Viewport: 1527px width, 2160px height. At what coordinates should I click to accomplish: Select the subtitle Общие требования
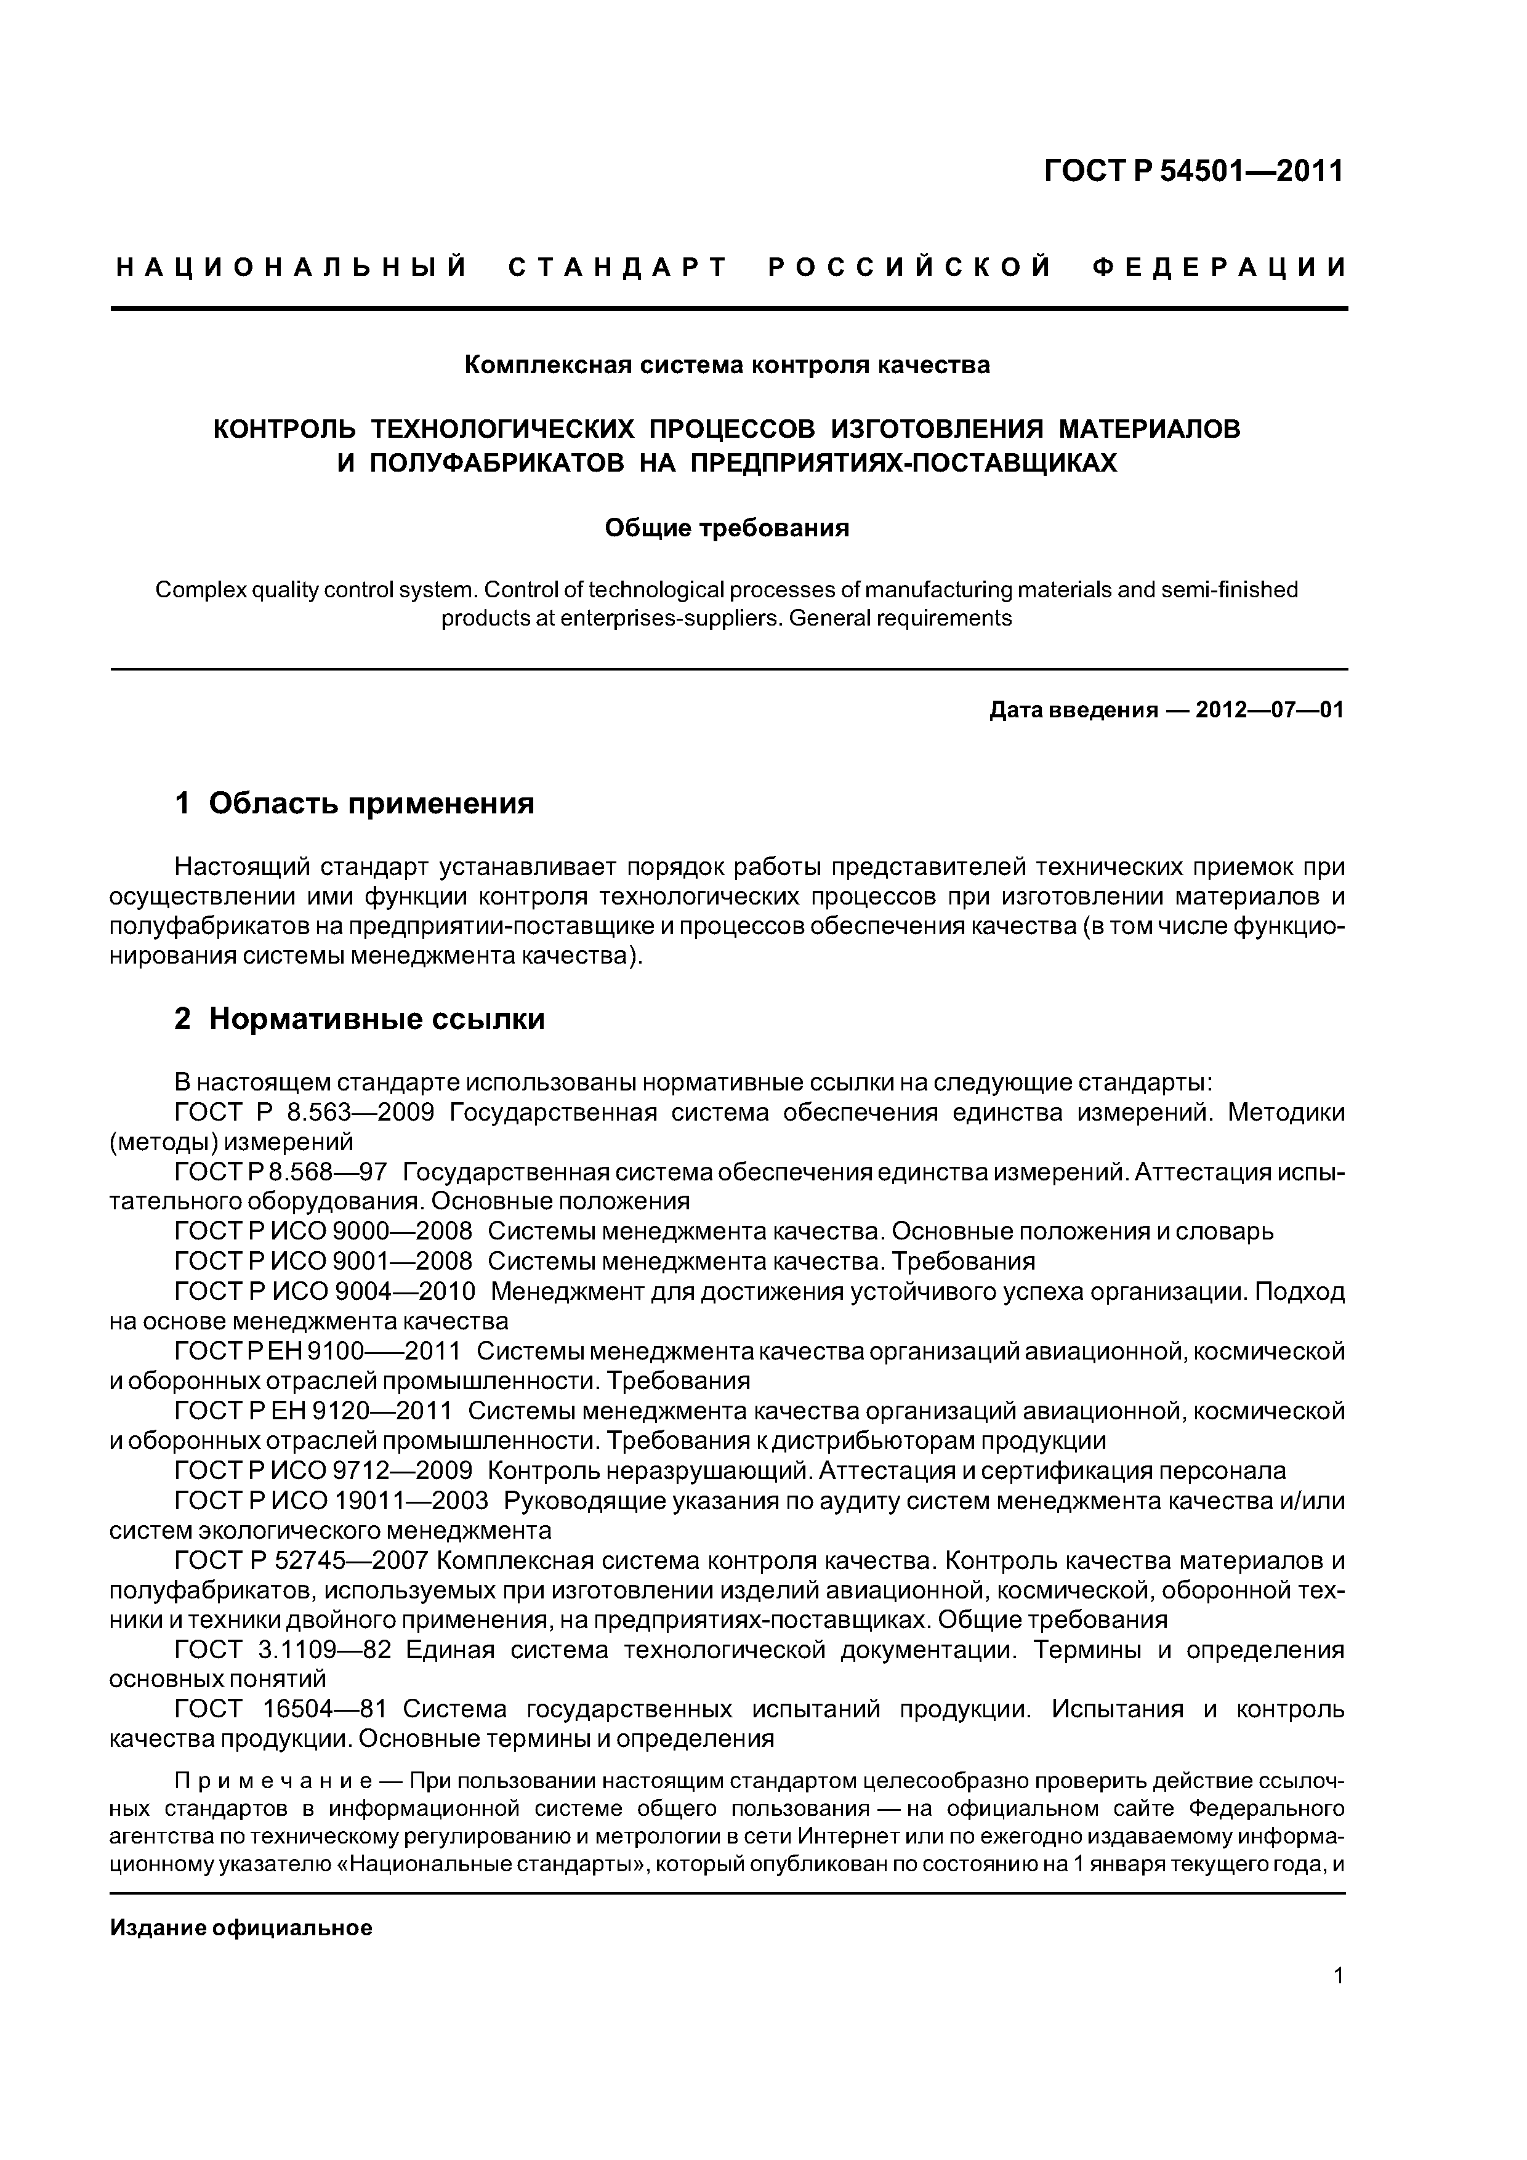727,529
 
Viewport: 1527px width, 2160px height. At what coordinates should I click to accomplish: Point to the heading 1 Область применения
355,804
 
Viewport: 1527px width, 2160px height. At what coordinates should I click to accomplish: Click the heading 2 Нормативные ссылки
360,1019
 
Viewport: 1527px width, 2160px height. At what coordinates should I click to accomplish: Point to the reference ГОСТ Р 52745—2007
302,1561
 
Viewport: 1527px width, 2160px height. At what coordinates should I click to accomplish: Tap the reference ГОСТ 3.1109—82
282,1650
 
